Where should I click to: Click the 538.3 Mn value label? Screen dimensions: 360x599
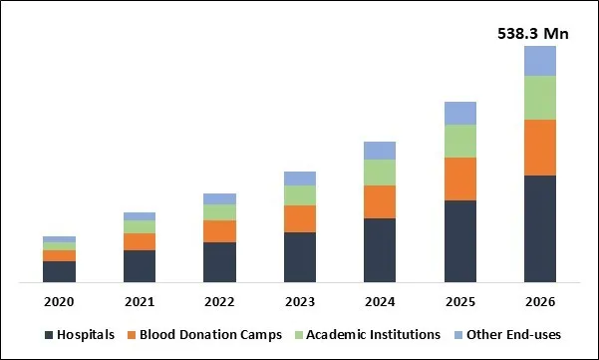tap(533, 34)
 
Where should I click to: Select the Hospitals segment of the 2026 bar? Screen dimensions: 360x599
tap(539, 228)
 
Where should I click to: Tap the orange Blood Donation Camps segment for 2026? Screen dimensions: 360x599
tap(539, 148)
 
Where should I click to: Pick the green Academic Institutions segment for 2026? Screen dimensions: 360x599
tap(539, 98)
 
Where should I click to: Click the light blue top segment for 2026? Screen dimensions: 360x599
tap(539, 61)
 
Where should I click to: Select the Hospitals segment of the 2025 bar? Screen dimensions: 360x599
tap(459, 241)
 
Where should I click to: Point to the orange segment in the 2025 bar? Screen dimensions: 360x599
tap(459, 179)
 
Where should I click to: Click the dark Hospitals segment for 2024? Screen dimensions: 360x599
tap(380, 250)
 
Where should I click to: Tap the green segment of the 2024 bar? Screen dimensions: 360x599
tap(380, 173)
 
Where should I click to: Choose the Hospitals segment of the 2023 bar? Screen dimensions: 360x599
tap(299, 257)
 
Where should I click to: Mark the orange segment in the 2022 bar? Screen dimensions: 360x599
tap(219, 231)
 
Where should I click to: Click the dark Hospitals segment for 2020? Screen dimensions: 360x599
tap(59, 271)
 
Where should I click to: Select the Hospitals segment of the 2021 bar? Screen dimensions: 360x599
tap(140, 266)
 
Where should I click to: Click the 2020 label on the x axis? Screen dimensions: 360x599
tap(59, 301)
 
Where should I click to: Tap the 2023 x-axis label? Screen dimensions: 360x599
tap(299, 301)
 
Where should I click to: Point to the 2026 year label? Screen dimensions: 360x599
tap(539, 301)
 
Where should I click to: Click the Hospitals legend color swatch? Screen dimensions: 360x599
tap(48, 335)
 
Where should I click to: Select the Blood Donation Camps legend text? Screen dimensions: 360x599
tap(211, 335)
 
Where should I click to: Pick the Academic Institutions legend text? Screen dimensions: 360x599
tap(374, 335)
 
